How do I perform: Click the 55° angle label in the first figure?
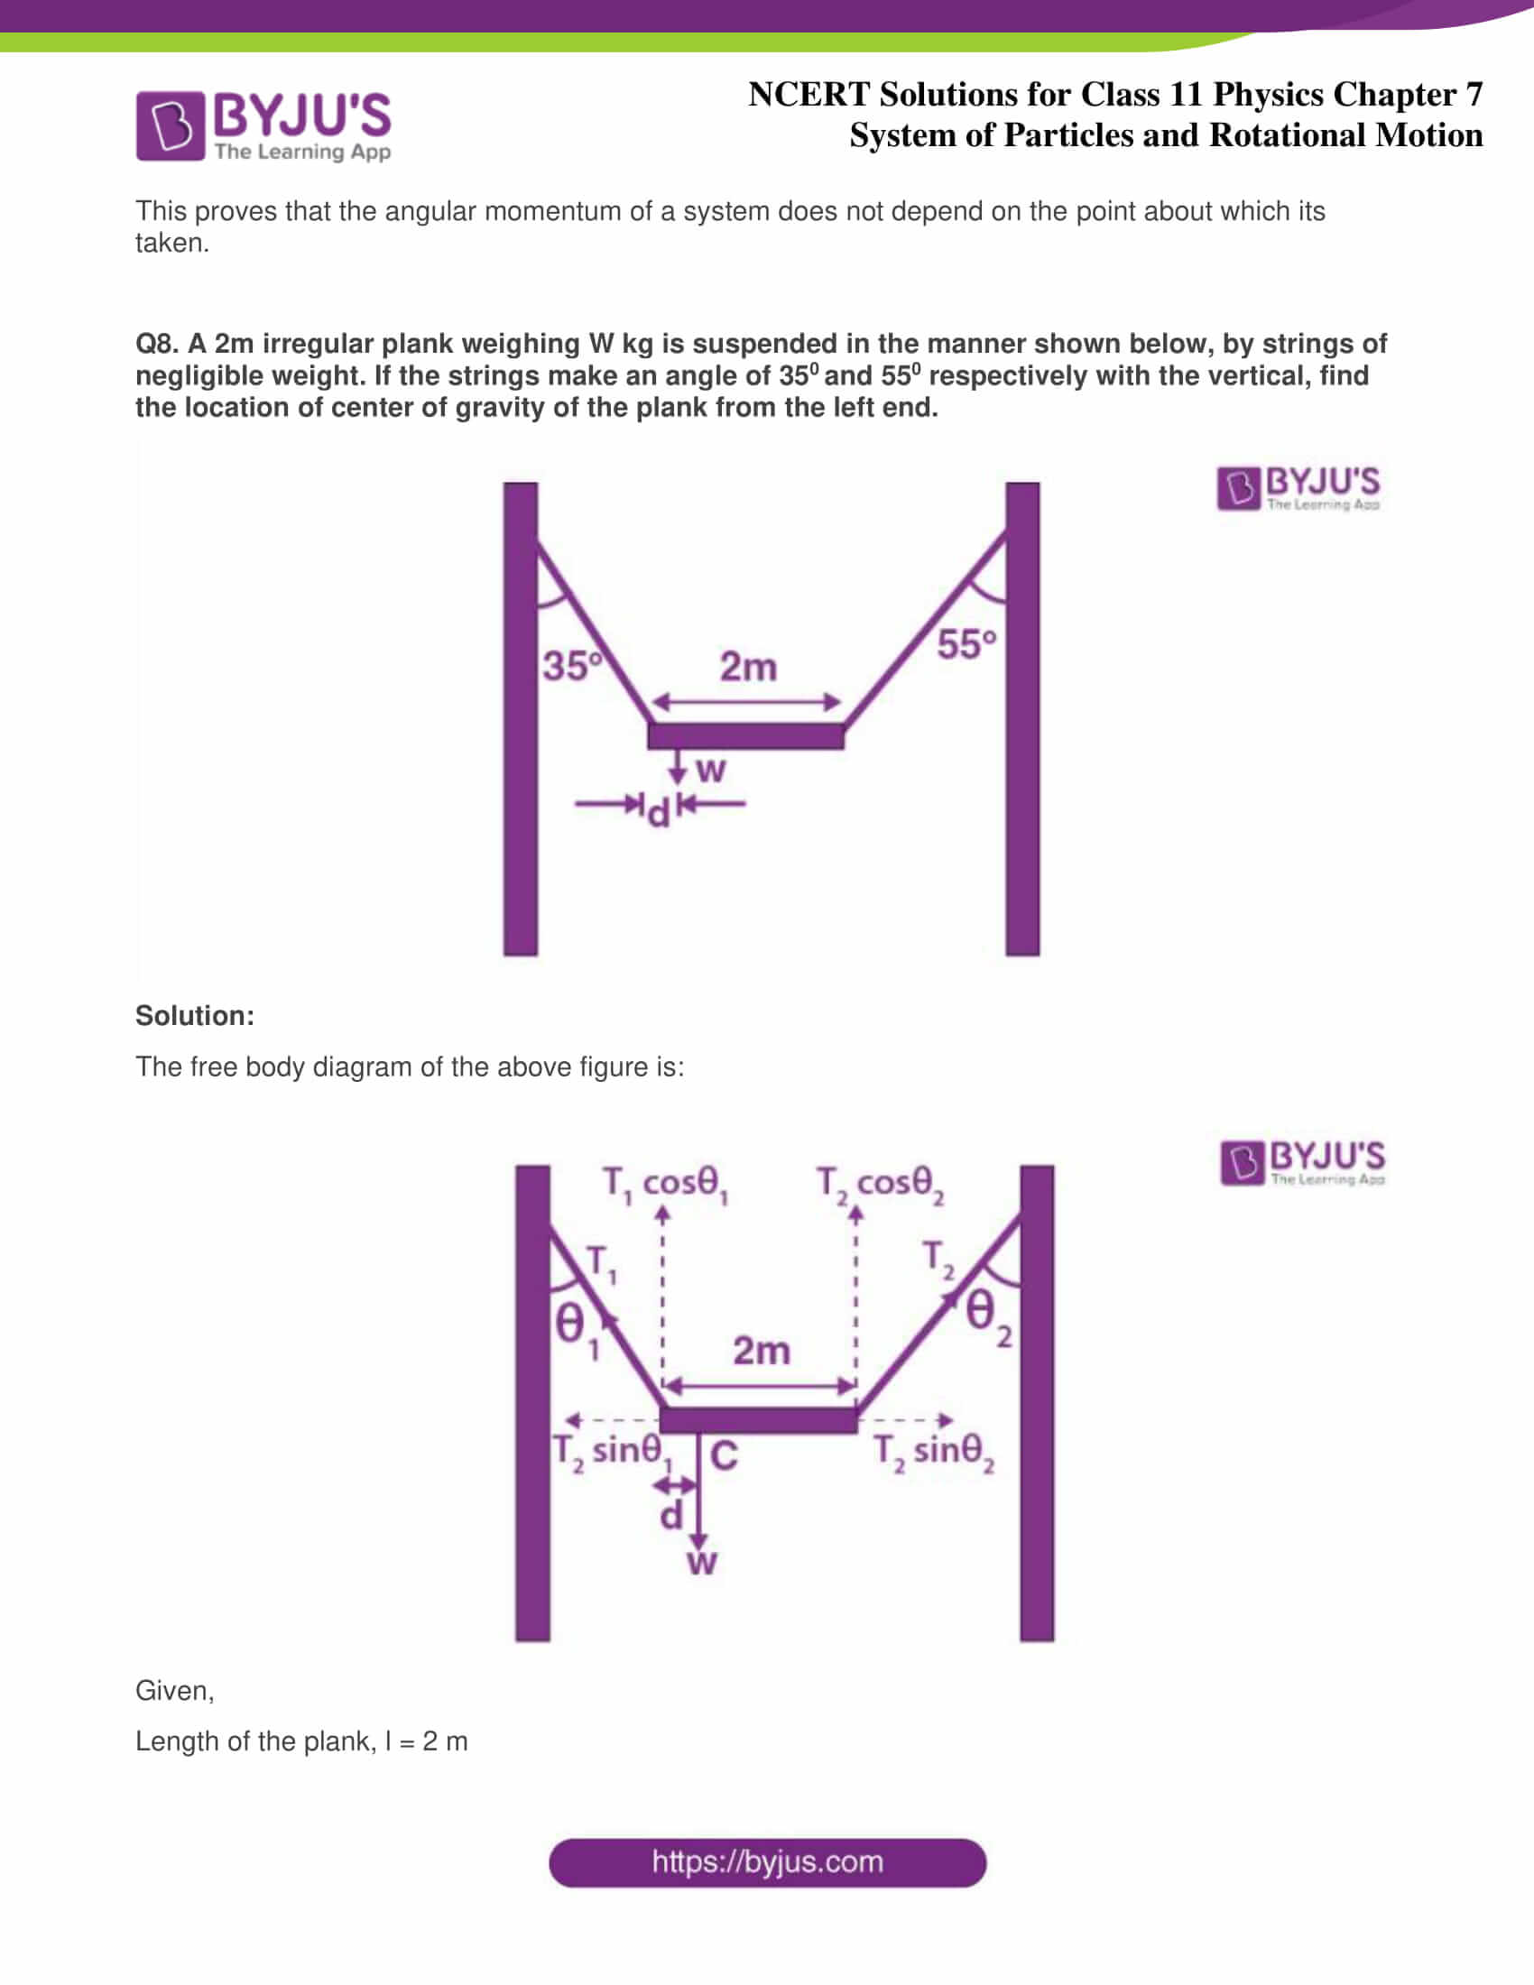click(x=966, y=644)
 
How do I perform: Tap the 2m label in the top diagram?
click(x=748, y=667)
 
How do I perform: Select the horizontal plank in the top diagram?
click(x=745, y=735)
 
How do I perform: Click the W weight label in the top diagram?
click(x=710, y=770)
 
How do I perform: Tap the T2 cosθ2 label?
click(x=880, y=1185)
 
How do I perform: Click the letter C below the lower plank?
click(x=724, y=1456)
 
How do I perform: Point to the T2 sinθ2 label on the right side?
click(x=933, y=1452)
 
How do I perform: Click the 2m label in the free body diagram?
click(x=761, y=1351)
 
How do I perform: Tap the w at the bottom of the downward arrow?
click(x=700, y=1563)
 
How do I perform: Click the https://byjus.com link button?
click(x=767, y=1861)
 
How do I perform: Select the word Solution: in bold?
click(x=195, y=1015)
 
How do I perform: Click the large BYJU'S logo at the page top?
click(x=263, y=125)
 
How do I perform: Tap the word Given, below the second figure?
click(x=174, y=1691)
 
